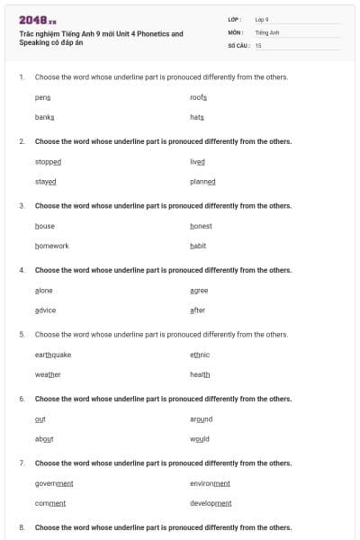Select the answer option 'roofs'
[x=198, y=96]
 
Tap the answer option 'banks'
[x=44, y=117]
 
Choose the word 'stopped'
[x=48, y=161]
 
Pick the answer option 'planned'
[x=202, y=181]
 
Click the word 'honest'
[x=201, y=226]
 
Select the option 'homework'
[x=51, y=246]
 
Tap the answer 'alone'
[x=43, y=290]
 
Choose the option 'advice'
[x=45, y=310]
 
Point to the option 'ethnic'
[x=200, y=355]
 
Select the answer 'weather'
[x=48, y=374]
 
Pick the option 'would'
[x=200, y=438]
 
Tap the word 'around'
[x=201, y=418]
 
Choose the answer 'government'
[x=54, y=483]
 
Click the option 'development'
[x=210, y=503]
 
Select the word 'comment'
[x=49, y=503]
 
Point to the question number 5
[x=22, y=334]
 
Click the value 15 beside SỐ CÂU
[x=258, y=44]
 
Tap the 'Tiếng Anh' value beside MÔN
[x=267, y=31]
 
